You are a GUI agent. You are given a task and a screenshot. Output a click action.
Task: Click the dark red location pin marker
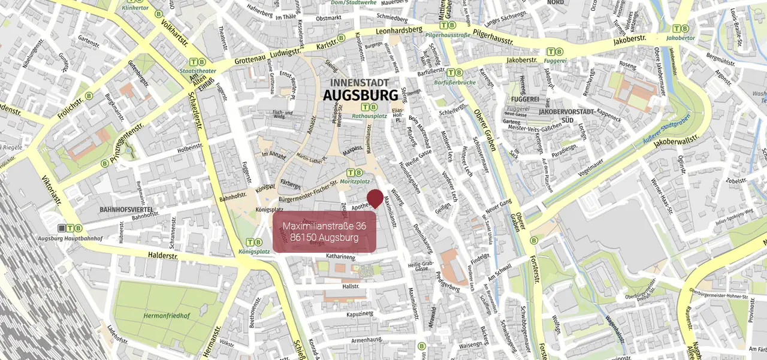tap(375, 198)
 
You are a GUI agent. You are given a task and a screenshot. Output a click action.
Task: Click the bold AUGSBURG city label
tap(360, 95)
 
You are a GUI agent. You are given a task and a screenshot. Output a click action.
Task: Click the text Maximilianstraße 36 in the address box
tap(324, 226)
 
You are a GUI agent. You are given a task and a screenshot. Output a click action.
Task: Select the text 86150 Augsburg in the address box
tap(324, 238)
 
